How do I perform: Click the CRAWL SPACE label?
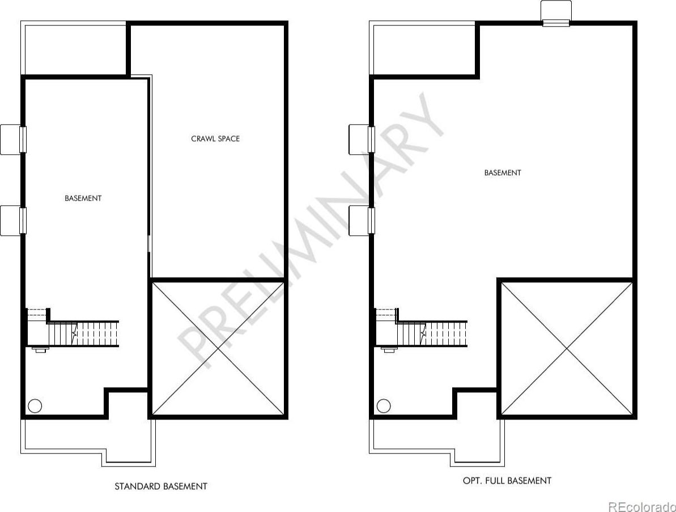[x=215, y=138]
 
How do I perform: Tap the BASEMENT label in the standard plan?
[x=83, y=198]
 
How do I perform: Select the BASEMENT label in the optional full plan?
[x=503, y=172]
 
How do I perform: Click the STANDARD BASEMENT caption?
[x=161, y=486]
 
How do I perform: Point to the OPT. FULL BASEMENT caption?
[x=507, y=480]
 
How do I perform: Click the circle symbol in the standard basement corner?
[x=35, y=406]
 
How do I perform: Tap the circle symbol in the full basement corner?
[x=384, y=406]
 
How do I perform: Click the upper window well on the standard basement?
[x=13, y=139]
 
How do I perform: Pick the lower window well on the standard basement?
[x=13, y=221]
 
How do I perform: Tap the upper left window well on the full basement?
[x=362, y=139]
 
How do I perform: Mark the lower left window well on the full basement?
[x=362, y=221]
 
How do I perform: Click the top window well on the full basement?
[x=556, y=13]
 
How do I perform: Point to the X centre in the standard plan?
[x=218, y=349]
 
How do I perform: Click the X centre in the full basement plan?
[x=567, y=349]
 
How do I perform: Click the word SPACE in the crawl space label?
[x=228, y=138]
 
